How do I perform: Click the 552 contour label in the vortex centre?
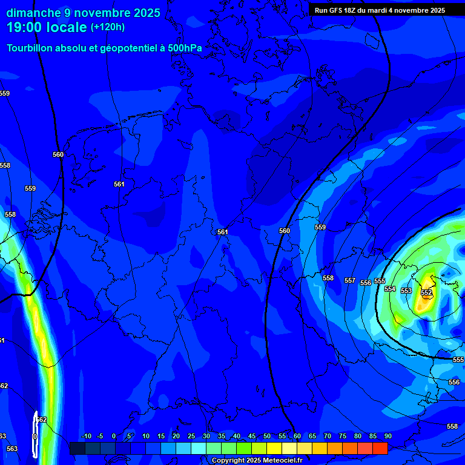(426, 292)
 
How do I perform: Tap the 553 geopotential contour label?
(406, 291)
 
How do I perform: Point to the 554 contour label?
(390, 289)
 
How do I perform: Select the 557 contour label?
(350, 280)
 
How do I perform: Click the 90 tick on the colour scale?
(387, 436)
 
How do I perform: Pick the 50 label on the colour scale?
(267, 436)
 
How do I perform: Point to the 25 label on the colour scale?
(191, 436)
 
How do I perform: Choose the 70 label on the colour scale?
(328, 436)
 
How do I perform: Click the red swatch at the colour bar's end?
(380, 448)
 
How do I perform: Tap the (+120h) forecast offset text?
(108, 27)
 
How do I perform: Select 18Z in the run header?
(358, 10)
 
